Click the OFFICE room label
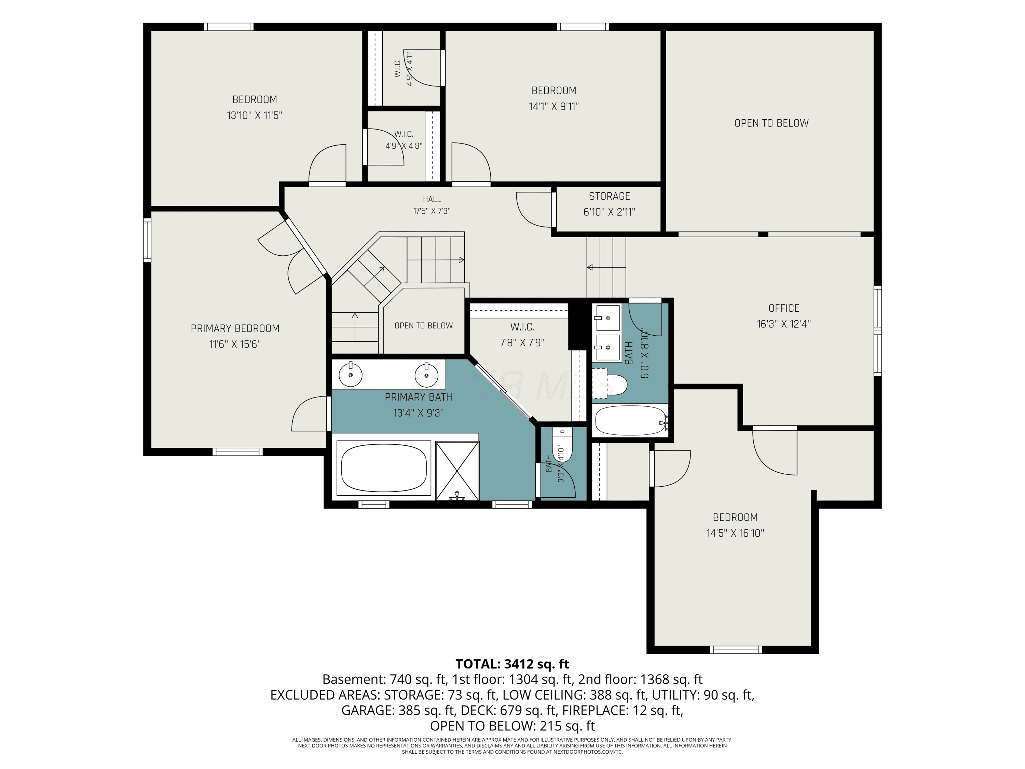pos(783,308)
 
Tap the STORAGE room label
pos(609,196)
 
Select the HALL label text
pos(432,199)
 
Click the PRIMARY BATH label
pos(419,397)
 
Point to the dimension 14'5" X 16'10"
pos(735,533)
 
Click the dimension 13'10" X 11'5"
pos(255,116)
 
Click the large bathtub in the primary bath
pos(384,468)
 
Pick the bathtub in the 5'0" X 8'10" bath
pos(631,420)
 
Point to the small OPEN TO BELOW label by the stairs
pos(424,326)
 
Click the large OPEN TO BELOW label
pos(771,123)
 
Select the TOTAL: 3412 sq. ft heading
pos(512,664)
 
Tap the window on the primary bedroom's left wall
pos(147,240)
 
